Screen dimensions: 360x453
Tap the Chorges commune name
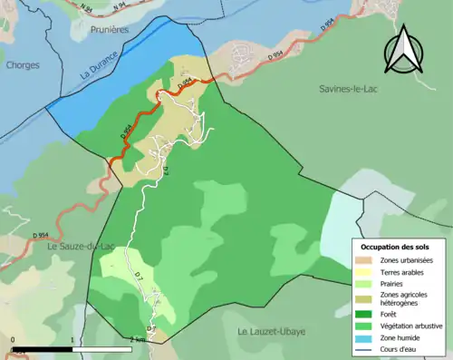point(22,64)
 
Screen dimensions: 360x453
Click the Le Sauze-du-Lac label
point(49,246)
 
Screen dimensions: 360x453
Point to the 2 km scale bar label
point(138,339)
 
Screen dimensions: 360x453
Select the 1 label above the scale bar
point(72,339)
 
